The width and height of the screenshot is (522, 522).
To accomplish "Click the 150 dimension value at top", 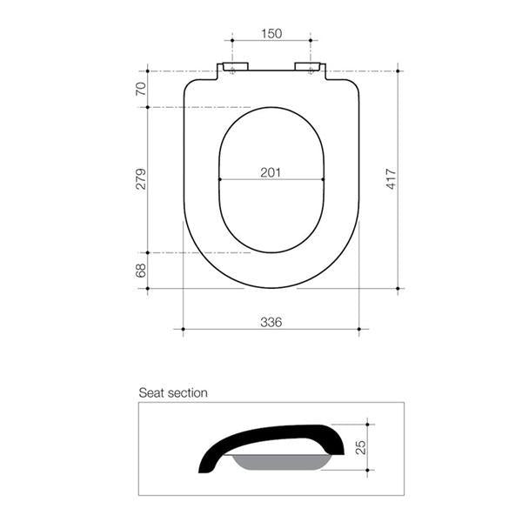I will tap(271, 33).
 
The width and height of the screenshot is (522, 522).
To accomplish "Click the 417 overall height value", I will tap(391, 178).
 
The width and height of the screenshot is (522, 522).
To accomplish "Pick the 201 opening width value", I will tap(271, 172).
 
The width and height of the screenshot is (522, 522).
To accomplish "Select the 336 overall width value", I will tap(271, 322).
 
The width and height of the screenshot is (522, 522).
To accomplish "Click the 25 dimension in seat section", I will tap(360, 447).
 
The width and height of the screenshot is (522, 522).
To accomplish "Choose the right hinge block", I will tap(309, 68).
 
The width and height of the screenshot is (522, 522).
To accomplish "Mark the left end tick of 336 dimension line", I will tap(183, 329).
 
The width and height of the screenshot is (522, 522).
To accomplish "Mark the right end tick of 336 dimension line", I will tap(359, 329).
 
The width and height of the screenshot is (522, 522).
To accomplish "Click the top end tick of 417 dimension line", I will tap(398, 70).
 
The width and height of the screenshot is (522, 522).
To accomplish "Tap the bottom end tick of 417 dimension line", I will tap(398, 288).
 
